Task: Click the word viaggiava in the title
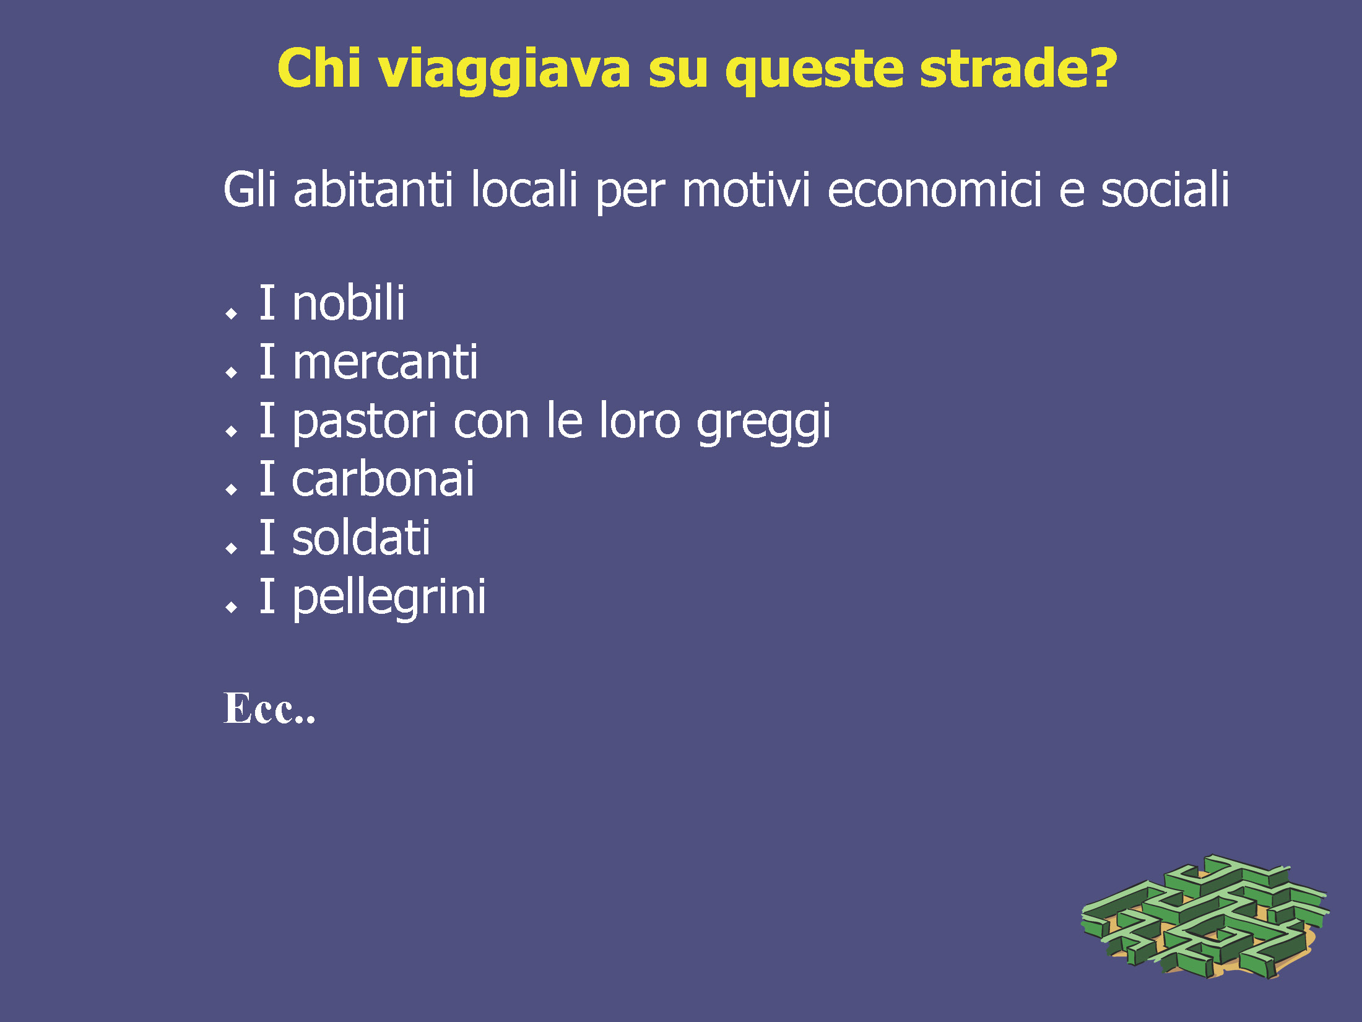coord(505,70)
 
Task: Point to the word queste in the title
coord(814,72)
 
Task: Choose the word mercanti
coord(385,362)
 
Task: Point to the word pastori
coord(365,421)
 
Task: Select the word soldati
coord(361,537)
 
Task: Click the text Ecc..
coord(269,708)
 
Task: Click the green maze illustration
coord(1205,917)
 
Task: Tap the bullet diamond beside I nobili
coord(232,313)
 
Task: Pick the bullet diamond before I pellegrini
coord(232,606)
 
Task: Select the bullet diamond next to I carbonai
coord(232,489)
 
